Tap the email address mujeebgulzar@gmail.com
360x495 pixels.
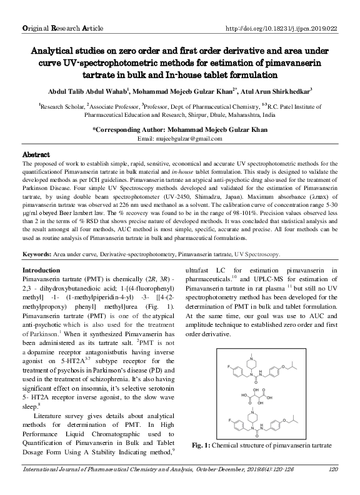[179, 137]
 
